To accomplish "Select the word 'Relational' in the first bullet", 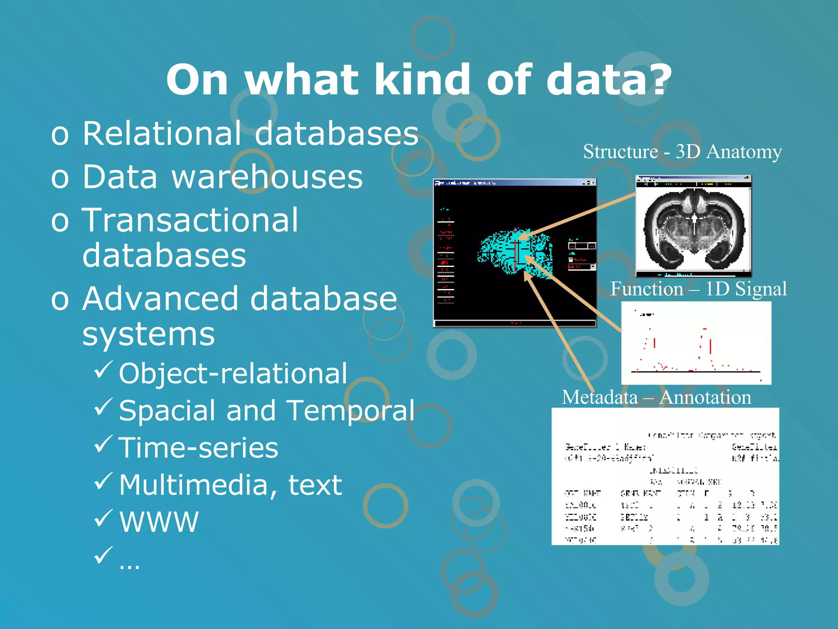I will tap(162, 133).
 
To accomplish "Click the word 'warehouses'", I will tap(267, 177).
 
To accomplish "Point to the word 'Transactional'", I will tap(190, 220).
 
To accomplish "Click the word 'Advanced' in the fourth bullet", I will tap(160, 299).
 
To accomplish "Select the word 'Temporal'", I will tap(350, 410).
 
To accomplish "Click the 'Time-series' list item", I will tap(198, 448).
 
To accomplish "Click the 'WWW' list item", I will tap(159, 522).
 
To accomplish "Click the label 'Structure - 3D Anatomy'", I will tap(682, 152).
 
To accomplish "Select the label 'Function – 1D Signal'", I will tap(698, 289).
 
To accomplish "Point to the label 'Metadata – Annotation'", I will tap(656, 397).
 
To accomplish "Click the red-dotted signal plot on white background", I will tap(696, 343).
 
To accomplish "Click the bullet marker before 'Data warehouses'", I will tap(60, 178).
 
